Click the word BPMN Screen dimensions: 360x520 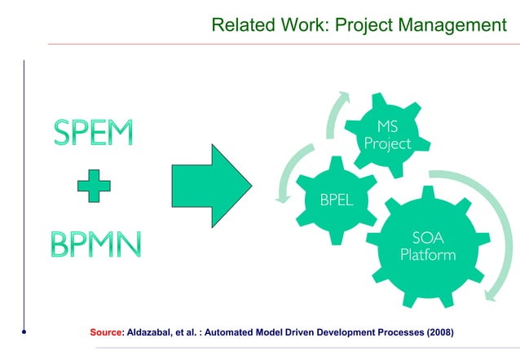tap(95, 243)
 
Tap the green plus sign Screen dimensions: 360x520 tap(95, 189)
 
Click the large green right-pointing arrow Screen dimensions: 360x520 tap(212, 186)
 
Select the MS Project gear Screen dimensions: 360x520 tap(388, 136)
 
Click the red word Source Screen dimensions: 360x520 tap(105, 332)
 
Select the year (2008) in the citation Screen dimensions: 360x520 tap(437, 332)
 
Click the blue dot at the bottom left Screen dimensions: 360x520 tap(24, 332)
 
